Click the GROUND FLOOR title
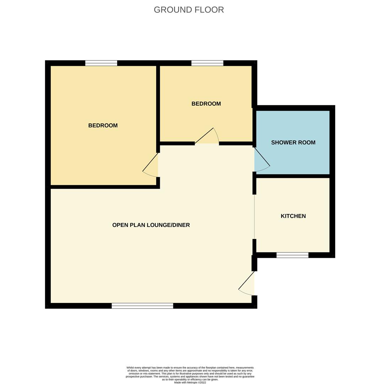tap(189, 10)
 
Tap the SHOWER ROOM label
tap(293, 143)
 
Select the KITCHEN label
tap(293, 216)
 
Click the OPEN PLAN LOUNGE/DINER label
tap(151, 225)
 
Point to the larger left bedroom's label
tap(103, 126)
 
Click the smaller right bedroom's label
tap(206, 103)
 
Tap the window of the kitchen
tap(292, 255)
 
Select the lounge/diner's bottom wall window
tap(142, 306)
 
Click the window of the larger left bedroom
tap(101, 63)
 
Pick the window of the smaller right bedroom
tap(207, 63)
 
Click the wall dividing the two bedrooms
tap(158, 105)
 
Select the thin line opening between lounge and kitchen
tap(255, 217)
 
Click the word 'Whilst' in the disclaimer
tap(130, 368)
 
